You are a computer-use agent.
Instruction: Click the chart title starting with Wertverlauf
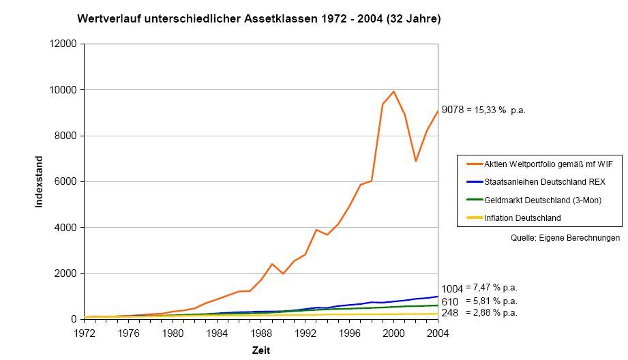tap(259, 19)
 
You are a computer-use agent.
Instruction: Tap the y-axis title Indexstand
tap(39, 182)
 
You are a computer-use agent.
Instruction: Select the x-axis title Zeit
tap(260, 350)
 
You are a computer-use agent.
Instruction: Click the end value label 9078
tap(453, 110)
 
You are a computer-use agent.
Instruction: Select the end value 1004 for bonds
tap(453, 289)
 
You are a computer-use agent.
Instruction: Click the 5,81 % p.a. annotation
tap(491, 301)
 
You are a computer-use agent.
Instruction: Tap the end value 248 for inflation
tap(450, 313)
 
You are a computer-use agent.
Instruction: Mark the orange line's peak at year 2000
tap(393, 91)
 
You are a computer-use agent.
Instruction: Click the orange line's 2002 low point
tap(415, 161)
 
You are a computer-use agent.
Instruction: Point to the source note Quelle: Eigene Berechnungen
tap(565, 238)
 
